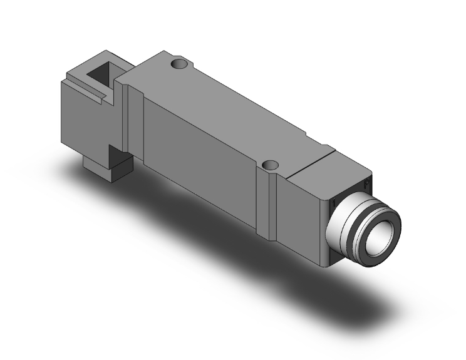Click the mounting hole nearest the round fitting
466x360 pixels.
click(x=271, y=166)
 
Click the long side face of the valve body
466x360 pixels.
click(x=200, y=157)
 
